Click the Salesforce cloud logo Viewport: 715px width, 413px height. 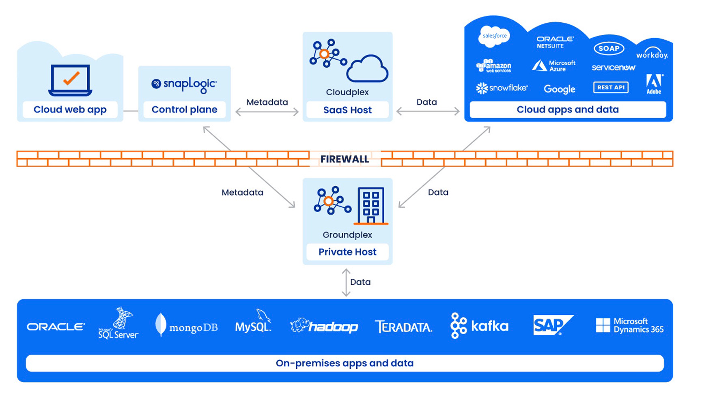click(494, 36)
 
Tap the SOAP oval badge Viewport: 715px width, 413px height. click(609, 48)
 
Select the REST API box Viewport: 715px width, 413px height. click(611, 87)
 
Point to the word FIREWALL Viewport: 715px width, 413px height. click(345, 159)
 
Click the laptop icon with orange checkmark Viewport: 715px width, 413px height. click(70, 80)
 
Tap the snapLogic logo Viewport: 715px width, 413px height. click(184, 84)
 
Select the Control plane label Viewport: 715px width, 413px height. click(184, 110)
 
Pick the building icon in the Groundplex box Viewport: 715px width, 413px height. click(371, 206)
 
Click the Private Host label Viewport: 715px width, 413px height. click(347, 252)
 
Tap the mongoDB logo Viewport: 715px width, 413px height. click(187, 326)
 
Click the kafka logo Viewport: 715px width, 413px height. click(479, 326)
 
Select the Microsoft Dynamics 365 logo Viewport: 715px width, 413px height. click(629, 325)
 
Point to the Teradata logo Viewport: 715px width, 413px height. click(403, 327)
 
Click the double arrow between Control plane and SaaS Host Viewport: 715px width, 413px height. click(267, 112)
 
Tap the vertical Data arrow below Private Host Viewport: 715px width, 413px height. click(346, 282)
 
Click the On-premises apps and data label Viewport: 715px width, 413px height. click(345, 363)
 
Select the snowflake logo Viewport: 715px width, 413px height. click(502, 88)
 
